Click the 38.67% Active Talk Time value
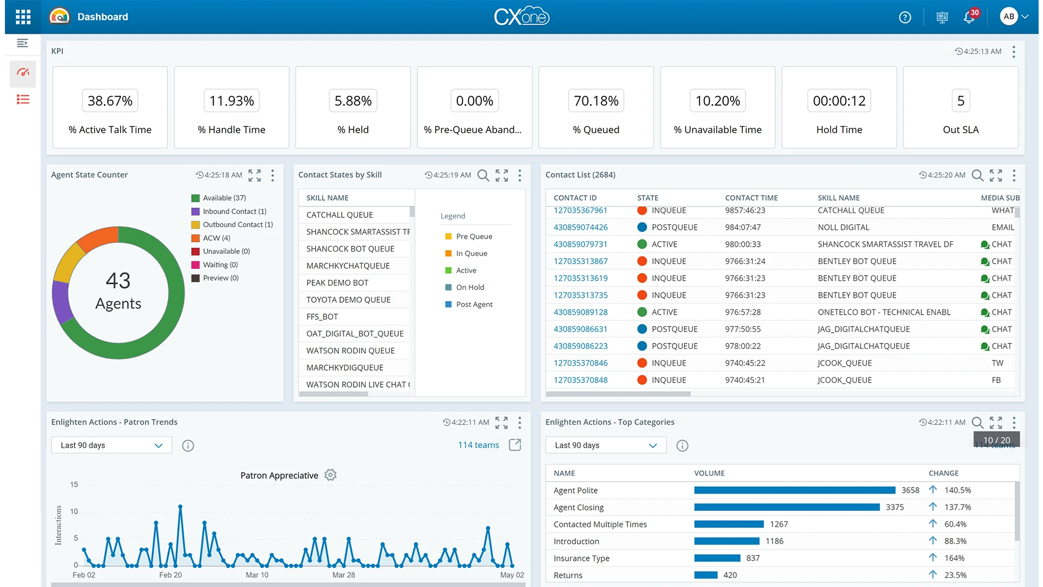[110, 101]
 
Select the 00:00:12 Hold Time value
[839, 101]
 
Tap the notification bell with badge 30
[969, 17]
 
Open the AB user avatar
[1009, 16]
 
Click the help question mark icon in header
[904, 17]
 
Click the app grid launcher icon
[23, 17]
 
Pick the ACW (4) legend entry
[216, 238]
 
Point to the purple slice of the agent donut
[61, 302]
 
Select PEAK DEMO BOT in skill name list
[337, 283]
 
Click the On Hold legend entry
[469, 288]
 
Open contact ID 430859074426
[580, 227]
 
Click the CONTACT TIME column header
[751, 198]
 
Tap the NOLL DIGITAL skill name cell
[843, 227]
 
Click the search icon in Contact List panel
[977, 175]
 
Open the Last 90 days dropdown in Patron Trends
[111, 445]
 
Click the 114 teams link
[478, 445]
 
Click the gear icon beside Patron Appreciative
[330, 475]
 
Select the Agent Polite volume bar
[794, 490]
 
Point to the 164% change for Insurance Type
[954, 558]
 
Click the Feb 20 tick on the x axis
[170, 574]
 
